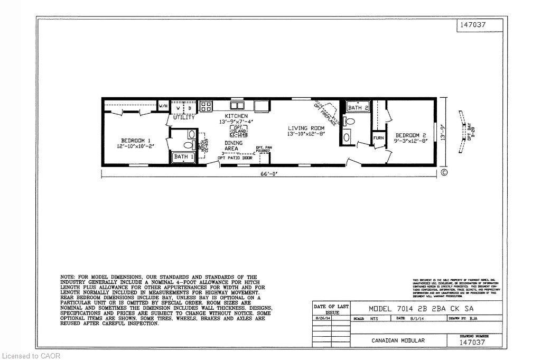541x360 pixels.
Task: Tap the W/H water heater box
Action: pyautogui.click(x=163, y=106)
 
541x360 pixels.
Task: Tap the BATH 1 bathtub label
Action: pyautogui.click(x=182, y=156)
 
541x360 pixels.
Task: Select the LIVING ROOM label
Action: pyautogui.click(x=305, y=128)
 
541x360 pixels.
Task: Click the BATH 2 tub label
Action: pyautogui.click(x=358, y=108)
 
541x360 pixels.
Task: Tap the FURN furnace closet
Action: pyautogui.click(x=379, y=138)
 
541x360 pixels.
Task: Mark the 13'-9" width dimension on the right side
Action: pyautogui.click(x=447, y=131)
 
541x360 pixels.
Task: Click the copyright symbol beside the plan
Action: pyautogui.click(x=444, y=172)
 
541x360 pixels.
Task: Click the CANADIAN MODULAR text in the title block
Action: pyautogui.click(x=397, y=340)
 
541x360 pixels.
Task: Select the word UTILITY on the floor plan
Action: pyautogui.click(x=184, y=117)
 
